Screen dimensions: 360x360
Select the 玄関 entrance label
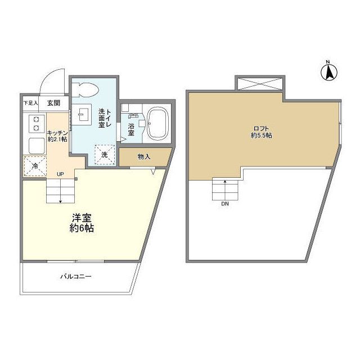click(54, 103)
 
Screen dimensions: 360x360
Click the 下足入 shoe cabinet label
click(30, 103)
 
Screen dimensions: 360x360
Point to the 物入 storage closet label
click(144, 157)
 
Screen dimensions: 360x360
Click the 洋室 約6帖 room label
click(81, 223)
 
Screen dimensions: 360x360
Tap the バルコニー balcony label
click(75, 276)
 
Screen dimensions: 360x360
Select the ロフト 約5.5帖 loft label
click(262, 131)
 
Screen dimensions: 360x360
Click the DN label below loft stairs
click(225, 204)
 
